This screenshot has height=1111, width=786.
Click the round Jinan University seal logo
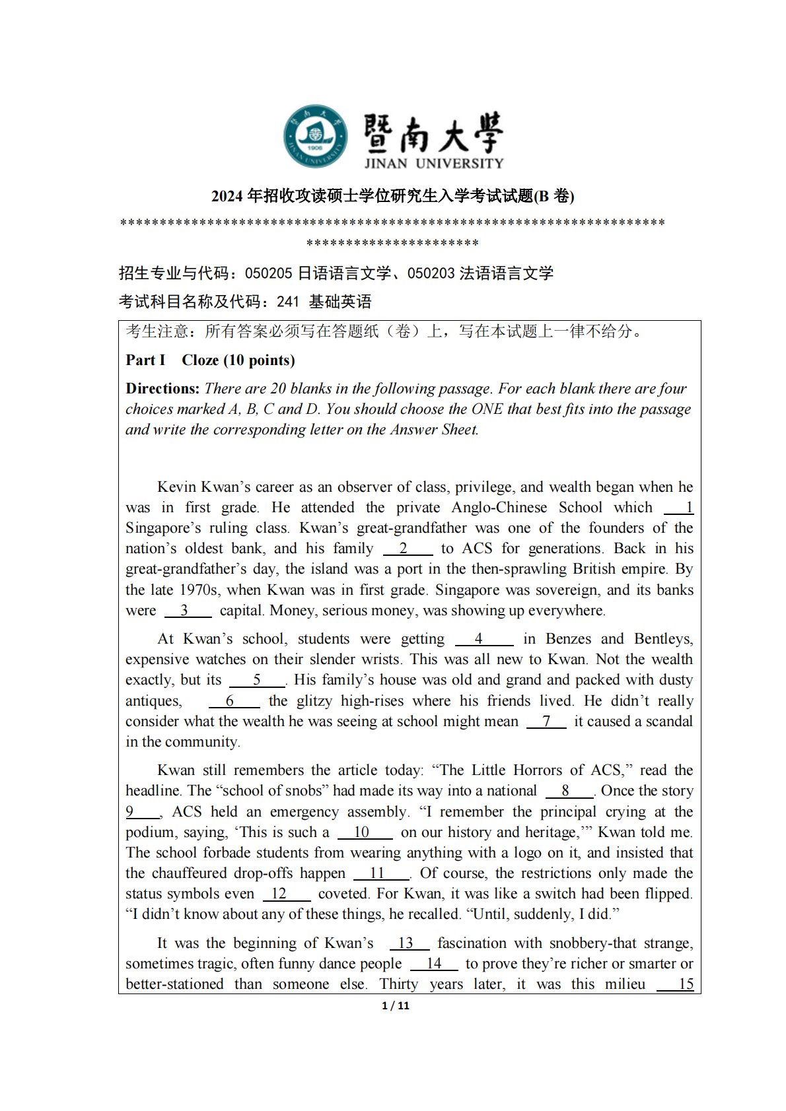(x=315, y=136)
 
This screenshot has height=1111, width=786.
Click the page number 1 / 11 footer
(x=396, y=1005)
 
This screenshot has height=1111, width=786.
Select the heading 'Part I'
(x=145, y=360)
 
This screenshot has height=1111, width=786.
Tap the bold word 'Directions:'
(x=162, y=388)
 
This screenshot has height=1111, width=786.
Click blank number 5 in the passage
(x=257, y=680)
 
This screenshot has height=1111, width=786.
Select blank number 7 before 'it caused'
(x=546, y=722)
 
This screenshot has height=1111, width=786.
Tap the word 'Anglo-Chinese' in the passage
(x=499, y=508)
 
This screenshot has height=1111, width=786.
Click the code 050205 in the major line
(x=268, y=273)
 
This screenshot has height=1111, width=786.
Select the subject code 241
(x=288, y=302)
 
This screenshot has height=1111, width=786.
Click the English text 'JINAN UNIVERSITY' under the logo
(x=433, y=163)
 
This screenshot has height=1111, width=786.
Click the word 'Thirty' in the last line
(x=398, y=984)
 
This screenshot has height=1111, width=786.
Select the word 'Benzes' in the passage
(x=569, y=639)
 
